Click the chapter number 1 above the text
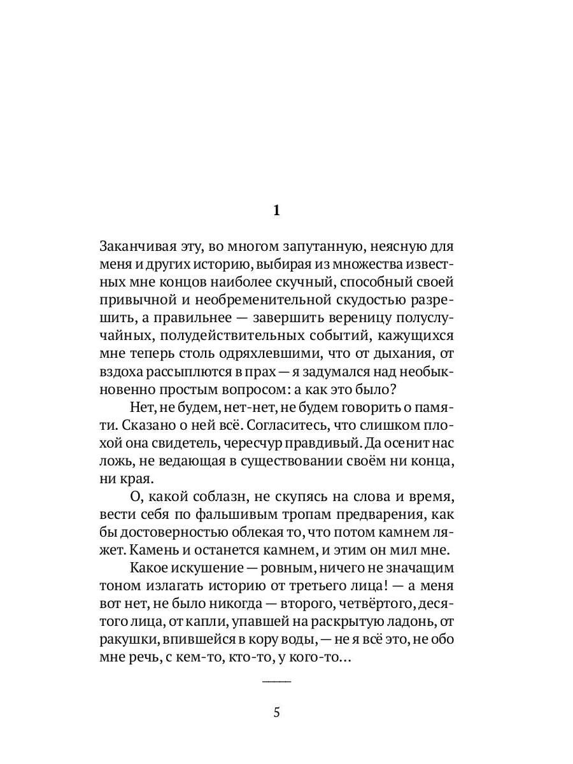[x=276, y=211]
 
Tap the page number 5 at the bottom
[x=276, y=712]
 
